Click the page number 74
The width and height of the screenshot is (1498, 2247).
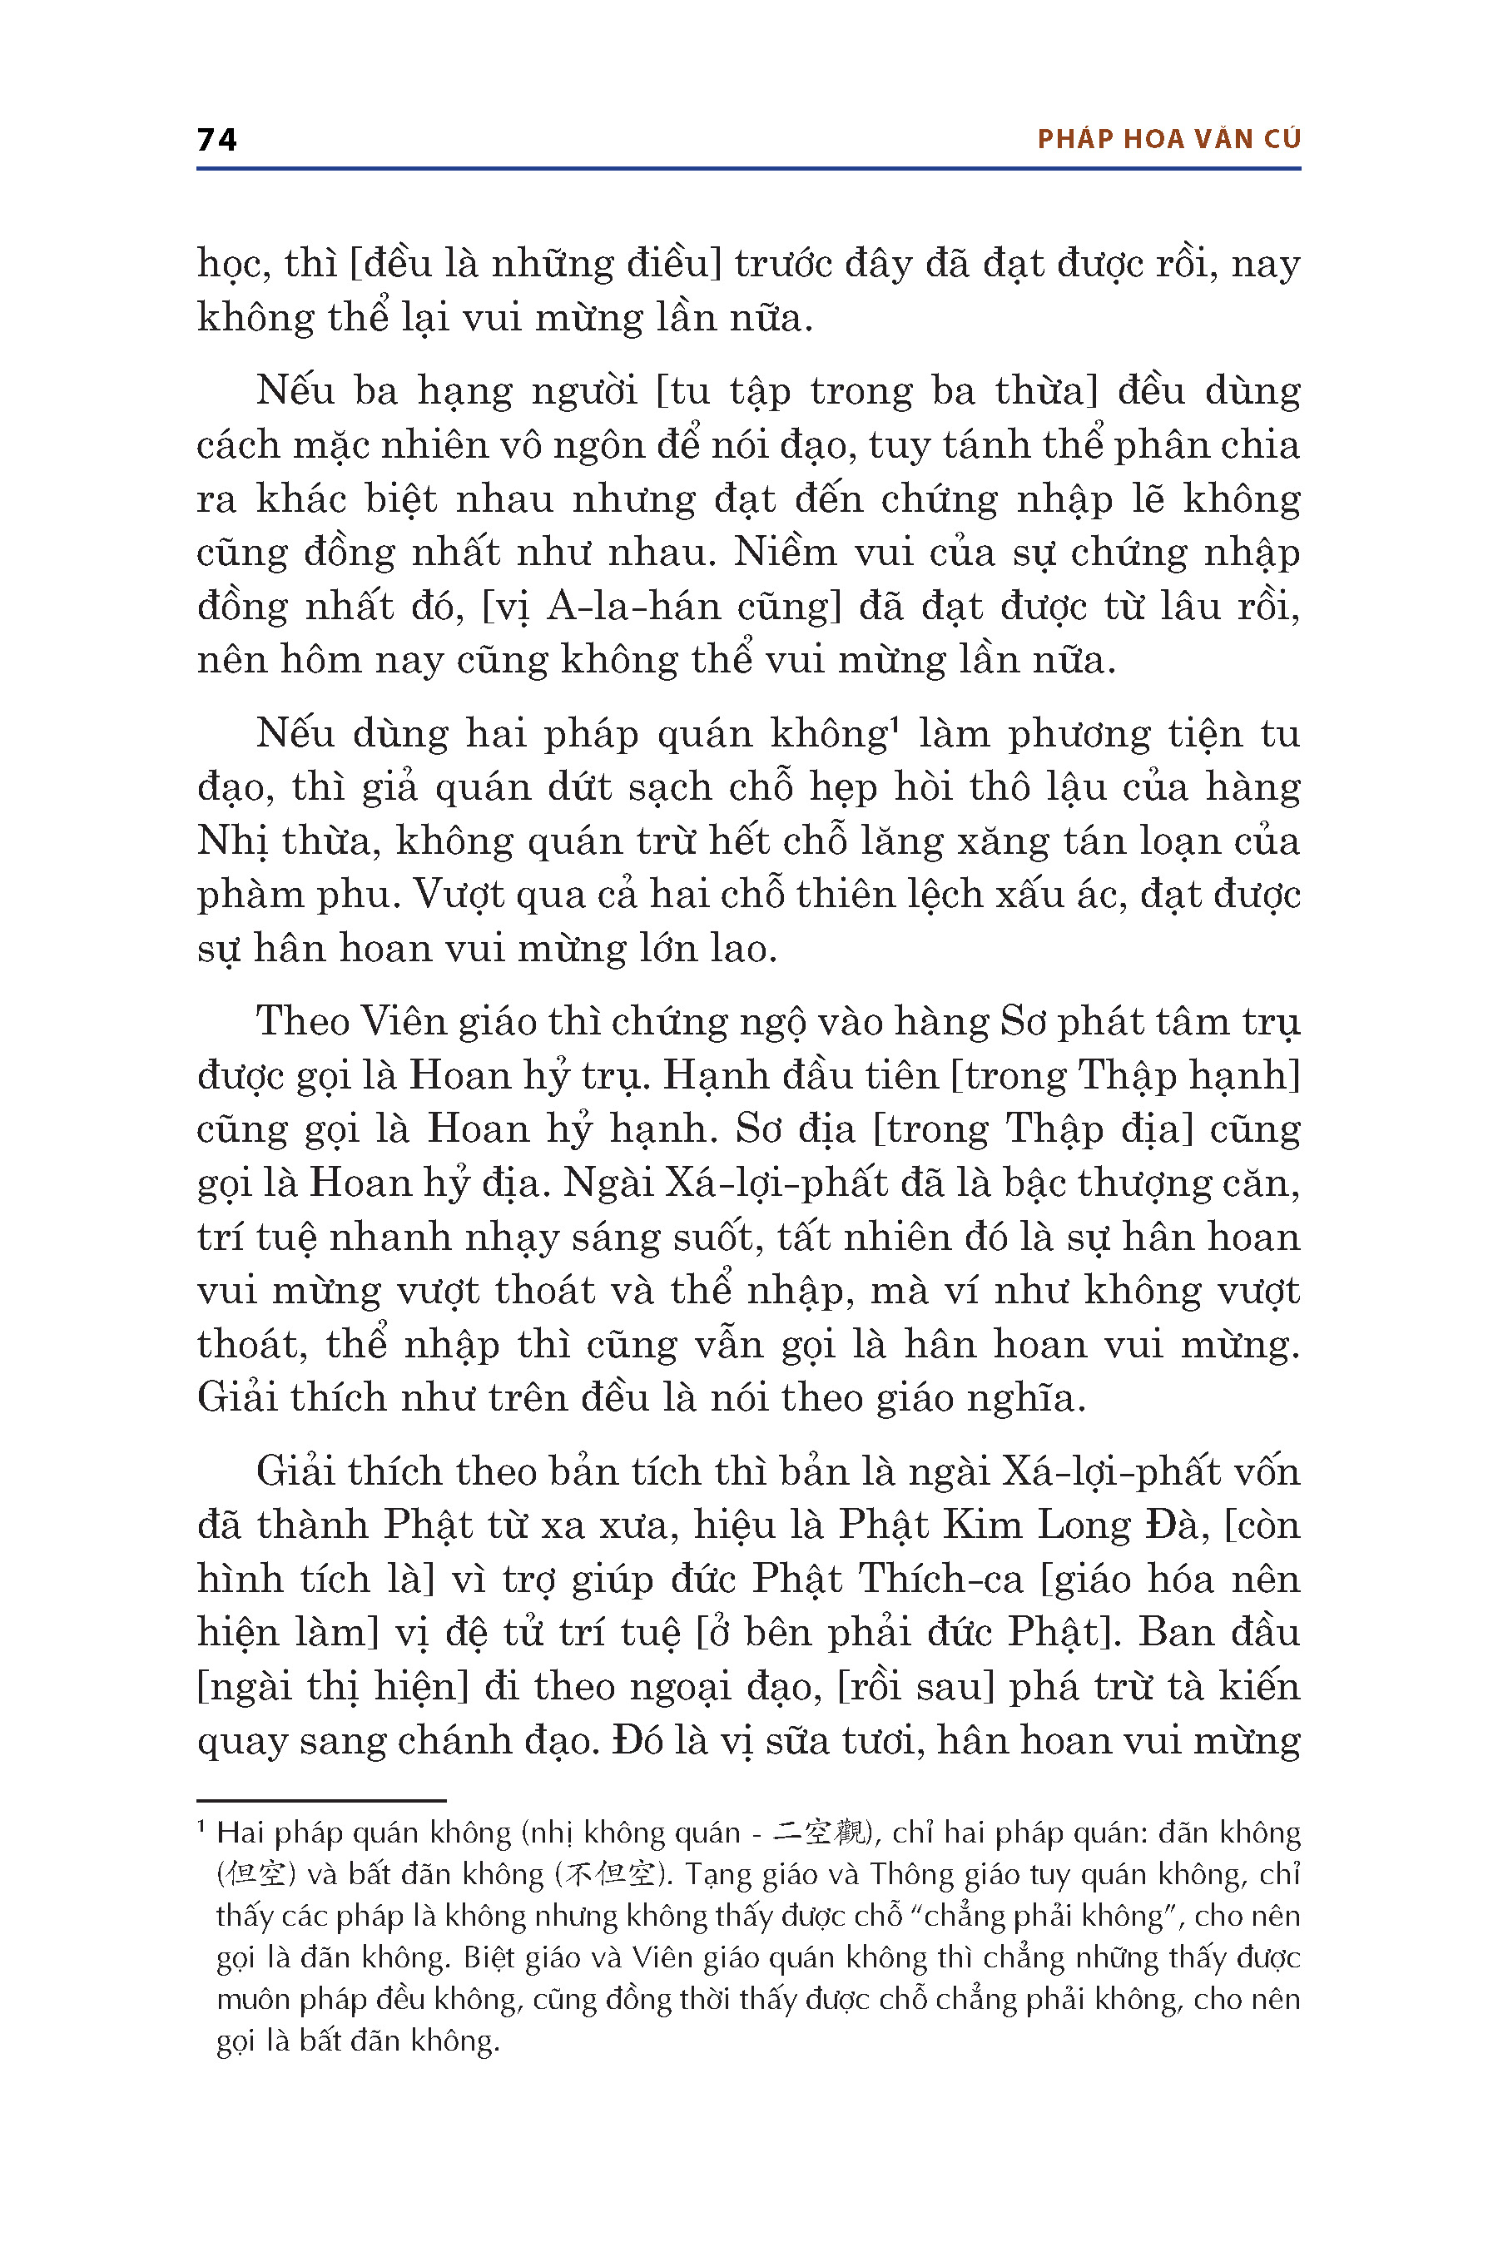(217, 140)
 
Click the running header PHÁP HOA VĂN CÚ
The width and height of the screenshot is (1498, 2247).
(1168, 140)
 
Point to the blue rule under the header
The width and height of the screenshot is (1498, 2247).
(749, 169)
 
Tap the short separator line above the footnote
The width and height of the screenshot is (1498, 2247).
(321, 1801)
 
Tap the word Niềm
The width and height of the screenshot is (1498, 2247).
(780, 553)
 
